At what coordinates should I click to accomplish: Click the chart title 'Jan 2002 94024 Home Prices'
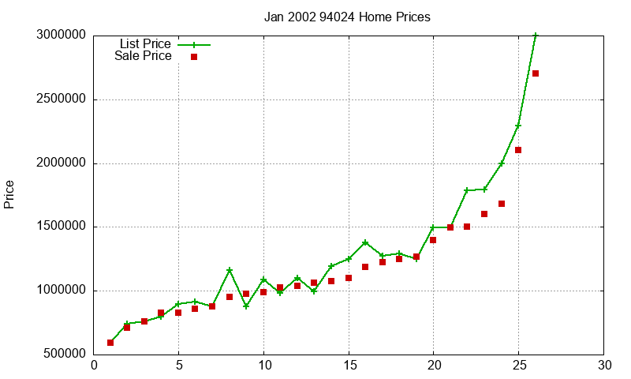pos(348,17)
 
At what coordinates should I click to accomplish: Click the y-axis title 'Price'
pos(9,194)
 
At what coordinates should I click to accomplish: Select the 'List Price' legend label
pos(145,44)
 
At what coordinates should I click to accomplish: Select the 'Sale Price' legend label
pos(143,56)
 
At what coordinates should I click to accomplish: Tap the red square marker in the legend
pos(194,57)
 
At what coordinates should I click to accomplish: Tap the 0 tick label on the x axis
pos(94,366)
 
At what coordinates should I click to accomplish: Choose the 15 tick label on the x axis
pos(349,366)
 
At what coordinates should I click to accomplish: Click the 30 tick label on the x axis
pos(603,366)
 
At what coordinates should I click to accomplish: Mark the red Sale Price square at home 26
pos(536,73)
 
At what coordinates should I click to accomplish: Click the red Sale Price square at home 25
pos(518,150)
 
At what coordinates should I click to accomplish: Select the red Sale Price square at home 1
pos(110,343)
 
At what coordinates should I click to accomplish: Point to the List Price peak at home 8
pos(230,270)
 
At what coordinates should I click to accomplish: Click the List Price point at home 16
pos(365,242)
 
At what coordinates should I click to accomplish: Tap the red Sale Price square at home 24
pos(502,204)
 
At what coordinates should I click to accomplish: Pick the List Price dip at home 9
pos(246,306)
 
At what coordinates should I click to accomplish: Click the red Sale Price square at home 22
pos(467,227)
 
